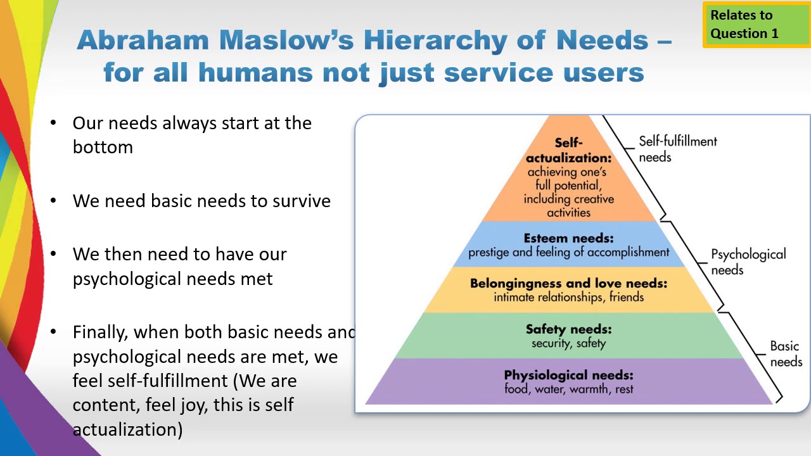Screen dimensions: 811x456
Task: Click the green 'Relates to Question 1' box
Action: [x=756, y=25]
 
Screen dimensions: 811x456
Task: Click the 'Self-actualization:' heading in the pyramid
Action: [x=568, y=151]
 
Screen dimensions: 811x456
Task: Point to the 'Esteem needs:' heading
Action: [x=568, y=239]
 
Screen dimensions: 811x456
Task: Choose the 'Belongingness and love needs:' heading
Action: [x=568, y=283]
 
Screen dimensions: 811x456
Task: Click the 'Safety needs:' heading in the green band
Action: [x=568, y=329]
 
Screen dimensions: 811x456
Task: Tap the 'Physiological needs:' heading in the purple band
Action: [x=568, y=375]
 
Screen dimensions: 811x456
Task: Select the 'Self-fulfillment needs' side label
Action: [x=677, y=149]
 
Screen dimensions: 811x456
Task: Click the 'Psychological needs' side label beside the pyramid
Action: [x=748, y=262]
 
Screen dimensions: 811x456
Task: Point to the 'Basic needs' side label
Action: [x=786, y=354]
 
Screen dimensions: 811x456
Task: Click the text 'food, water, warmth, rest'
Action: [x=568, y=389]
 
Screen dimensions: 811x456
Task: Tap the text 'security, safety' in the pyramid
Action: [x=568, y=343]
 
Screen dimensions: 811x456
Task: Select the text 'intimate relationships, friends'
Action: [x=568, y=297]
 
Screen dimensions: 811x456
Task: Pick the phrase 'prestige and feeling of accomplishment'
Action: [x=568, y=252]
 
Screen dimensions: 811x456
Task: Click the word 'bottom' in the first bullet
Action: [x=103, y=148]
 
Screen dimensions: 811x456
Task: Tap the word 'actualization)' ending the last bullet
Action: [x=127, y=429]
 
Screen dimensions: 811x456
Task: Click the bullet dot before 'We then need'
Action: [x=54, y=254]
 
